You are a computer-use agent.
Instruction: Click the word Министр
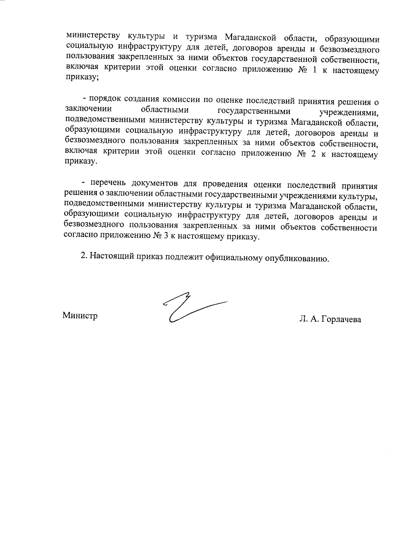tap(80, 315)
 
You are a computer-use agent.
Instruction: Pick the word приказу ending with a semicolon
tap(82, 80)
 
